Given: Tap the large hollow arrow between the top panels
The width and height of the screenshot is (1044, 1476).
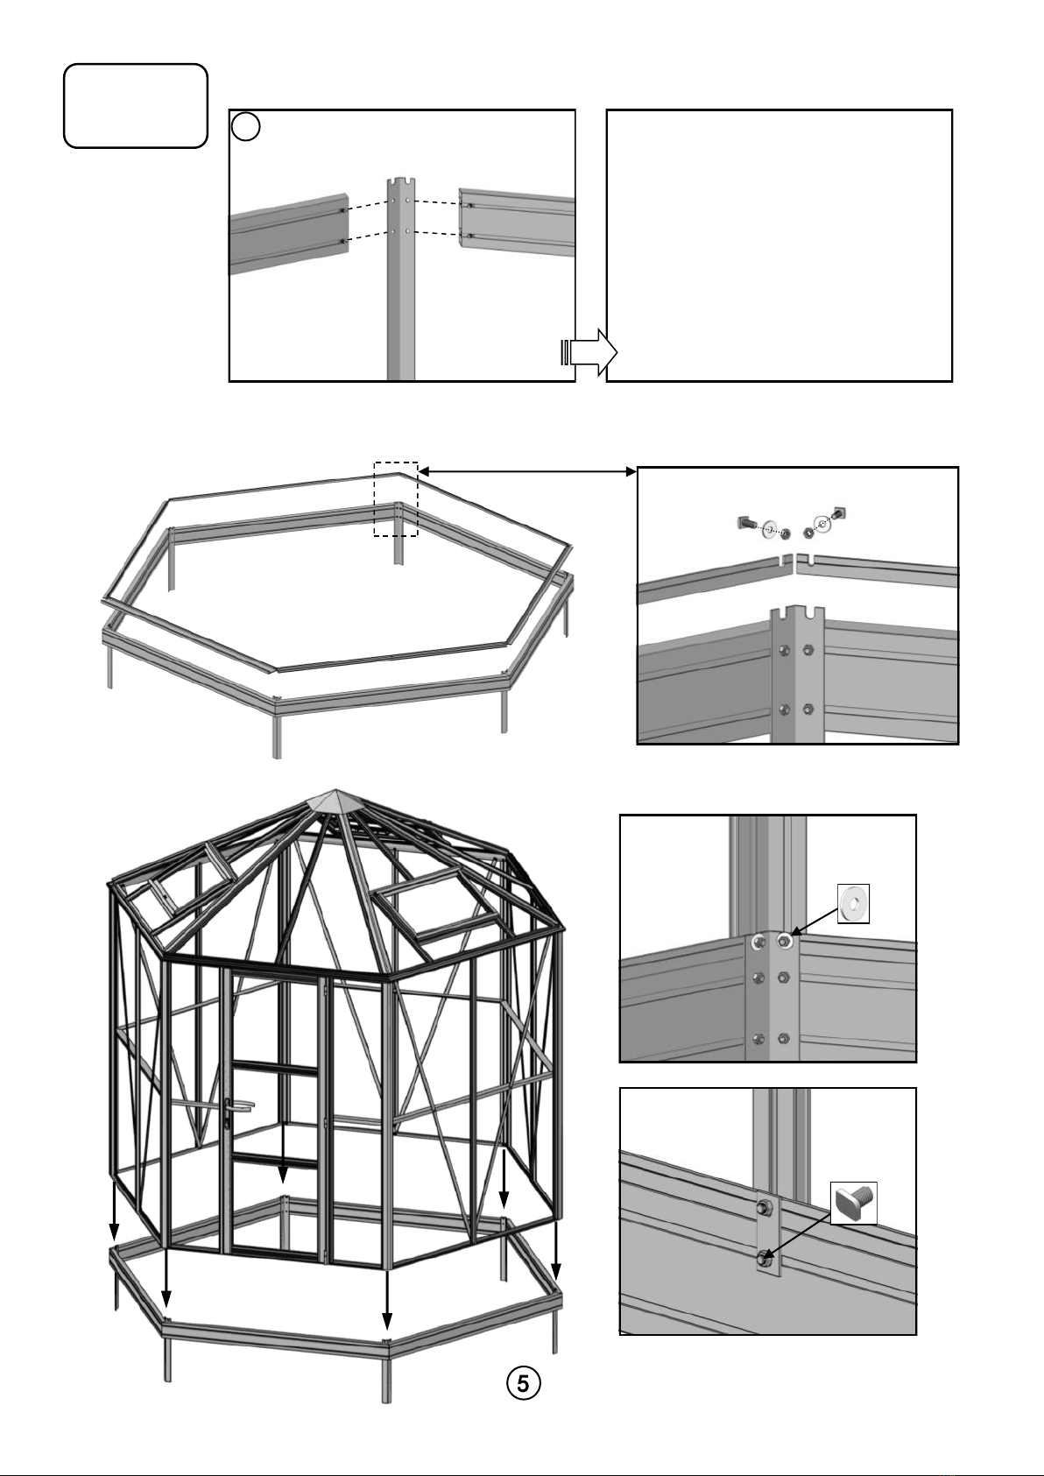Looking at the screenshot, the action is tap(589, 352).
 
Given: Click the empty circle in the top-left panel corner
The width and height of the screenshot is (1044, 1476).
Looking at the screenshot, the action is tap(246, 126).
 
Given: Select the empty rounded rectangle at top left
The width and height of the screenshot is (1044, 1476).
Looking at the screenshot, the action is tap(136, 105).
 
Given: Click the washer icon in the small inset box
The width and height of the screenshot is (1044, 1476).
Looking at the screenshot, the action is tap(854, 903).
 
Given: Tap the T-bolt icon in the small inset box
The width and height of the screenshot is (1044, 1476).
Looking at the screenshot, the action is tap(854, 1204).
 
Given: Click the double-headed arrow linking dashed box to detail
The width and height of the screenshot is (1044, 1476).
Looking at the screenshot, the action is tap(527, 471).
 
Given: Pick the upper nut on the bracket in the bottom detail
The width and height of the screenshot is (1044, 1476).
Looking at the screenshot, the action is tap(765, 1208).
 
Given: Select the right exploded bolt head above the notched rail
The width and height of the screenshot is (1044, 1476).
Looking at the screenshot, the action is tap(839, 512).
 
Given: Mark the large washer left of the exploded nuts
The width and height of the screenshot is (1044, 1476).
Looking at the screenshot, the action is tap(769, 530).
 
